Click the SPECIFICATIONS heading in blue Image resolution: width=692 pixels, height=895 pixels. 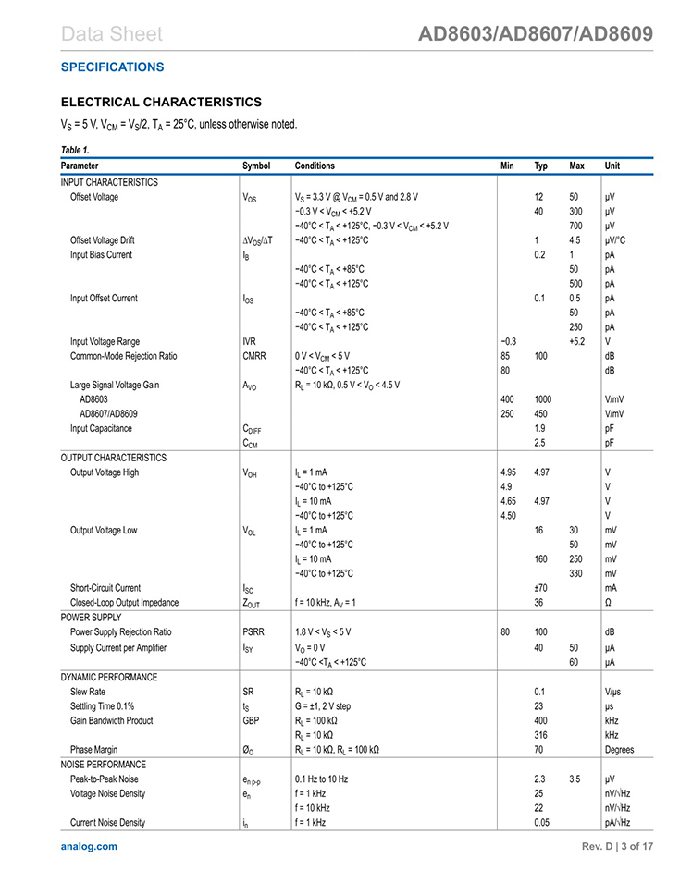coord(112,67)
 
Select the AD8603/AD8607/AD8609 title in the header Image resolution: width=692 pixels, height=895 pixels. coord(536,35)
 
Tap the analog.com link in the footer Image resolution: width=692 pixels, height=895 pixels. coord(89,846)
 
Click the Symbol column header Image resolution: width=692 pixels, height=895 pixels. coord(256,166)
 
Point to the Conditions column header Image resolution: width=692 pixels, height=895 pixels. coord(315,166)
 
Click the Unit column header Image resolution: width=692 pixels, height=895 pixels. coord(612,166)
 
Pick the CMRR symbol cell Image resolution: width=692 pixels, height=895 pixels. coord(254,356)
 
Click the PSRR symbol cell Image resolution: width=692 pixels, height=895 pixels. coord(253,632)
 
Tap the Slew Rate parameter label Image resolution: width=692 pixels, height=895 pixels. coord(88,692)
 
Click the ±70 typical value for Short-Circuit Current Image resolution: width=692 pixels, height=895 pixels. coord(542,588)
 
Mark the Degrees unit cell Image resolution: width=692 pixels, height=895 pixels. coord(620,750)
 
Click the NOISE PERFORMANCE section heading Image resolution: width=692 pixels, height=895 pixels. coord(104,765)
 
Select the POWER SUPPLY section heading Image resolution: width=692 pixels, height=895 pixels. coord(91,618)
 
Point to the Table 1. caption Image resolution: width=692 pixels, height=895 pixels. coord(75,150)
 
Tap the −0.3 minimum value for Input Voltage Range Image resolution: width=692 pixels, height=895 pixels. coord(507,341)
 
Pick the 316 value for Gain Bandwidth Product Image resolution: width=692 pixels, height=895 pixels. coord(541,735)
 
